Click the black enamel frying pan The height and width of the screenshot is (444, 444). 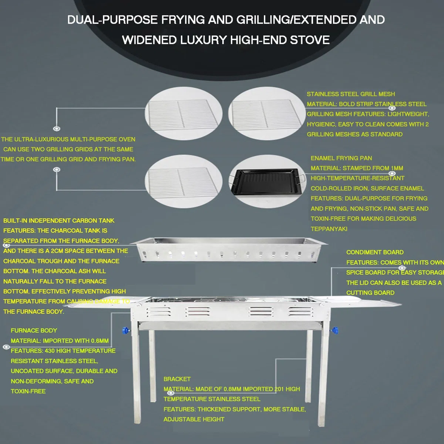point(267,182)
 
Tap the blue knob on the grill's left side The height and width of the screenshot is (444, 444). point(125,330)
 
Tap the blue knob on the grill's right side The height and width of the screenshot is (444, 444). point(334,330)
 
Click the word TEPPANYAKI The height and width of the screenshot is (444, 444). point(329,229)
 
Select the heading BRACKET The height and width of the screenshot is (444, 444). point(177,379)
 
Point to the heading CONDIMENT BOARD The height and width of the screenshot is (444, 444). point(375,252)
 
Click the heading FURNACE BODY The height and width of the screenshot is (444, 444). point(34,330)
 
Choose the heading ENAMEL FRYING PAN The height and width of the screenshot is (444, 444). point(341,158)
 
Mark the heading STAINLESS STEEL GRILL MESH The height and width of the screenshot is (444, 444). point(351,94)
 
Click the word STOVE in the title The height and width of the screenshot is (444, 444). point(310,40)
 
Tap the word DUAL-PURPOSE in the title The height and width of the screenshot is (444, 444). point(112,20)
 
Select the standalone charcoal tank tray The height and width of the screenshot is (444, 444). point(228,250)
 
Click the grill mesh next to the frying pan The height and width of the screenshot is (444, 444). point(184,182)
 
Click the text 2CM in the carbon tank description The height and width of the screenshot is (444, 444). point(57,251)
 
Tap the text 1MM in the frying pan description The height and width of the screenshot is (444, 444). point(397,168)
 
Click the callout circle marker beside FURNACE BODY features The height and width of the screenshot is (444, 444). point(6,347)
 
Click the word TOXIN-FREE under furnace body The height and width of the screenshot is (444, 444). point(28,391)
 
